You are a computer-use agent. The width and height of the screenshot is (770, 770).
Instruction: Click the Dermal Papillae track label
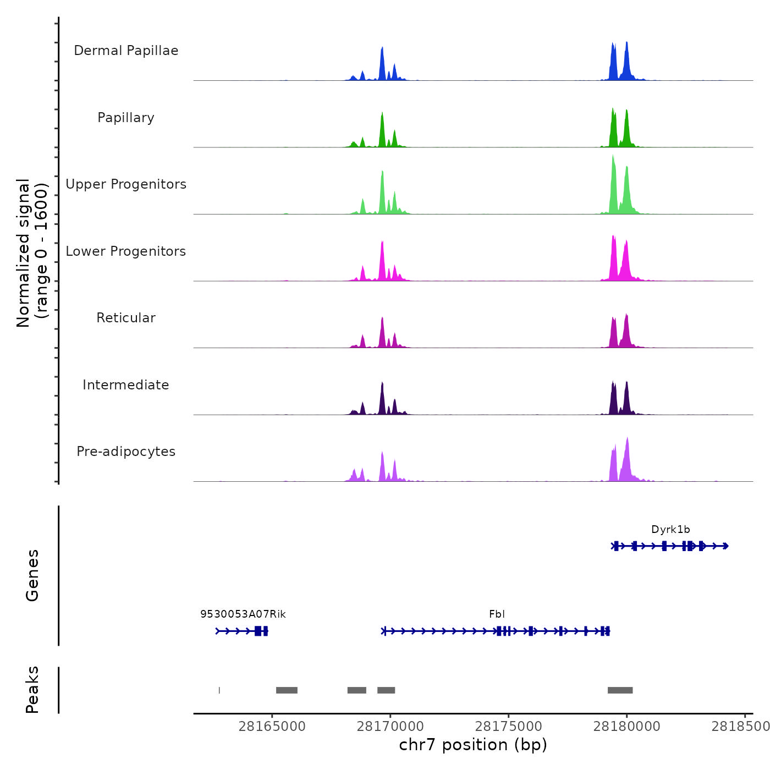(x=126, y=51)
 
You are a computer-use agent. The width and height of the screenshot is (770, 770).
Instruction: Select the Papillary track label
(x=126, y=118)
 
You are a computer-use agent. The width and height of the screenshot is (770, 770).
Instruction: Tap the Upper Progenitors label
(x=126, y=184)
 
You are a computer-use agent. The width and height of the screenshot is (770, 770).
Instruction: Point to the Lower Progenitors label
(x=126, y=251)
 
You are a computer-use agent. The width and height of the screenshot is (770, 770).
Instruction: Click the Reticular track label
(x=126, y=318)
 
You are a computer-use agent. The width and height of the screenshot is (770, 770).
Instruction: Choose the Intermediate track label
(x=126, y=385)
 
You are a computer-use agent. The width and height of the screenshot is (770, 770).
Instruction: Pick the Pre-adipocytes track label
(x=126, y=452)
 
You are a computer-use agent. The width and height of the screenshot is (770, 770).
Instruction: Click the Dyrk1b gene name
(x=670, y=530)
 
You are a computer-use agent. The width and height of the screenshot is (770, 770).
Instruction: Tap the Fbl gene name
(x=497, y=614)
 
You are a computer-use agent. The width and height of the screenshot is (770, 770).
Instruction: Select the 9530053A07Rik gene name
(x=243, y=614)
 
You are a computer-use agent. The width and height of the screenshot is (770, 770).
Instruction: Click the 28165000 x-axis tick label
(x=272, y=727)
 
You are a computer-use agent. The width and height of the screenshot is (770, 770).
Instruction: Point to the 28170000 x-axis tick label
(x=391, y=727)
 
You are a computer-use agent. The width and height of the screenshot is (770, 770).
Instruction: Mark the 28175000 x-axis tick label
(x=509, y=727)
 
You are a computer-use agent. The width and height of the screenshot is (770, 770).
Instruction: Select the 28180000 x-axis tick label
(x=627, y=727)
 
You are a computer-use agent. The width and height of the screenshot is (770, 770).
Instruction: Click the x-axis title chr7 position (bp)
(x=473, y=745)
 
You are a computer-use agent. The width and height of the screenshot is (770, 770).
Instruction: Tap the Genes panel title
(x=32, y=575)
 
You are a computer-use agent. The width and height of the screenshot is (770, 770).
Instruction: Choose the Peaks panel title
(x=32, y=690)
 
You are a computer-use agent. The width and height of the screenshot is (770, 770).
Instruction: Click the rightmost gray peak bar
(x=620, y=690)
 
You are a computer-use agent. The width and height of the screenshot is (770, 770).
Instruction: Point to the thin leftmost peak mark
(x=219, y=690)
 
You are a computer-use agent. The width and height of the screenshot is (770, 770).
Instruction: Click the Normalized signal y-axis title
(x=32, y=253)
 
